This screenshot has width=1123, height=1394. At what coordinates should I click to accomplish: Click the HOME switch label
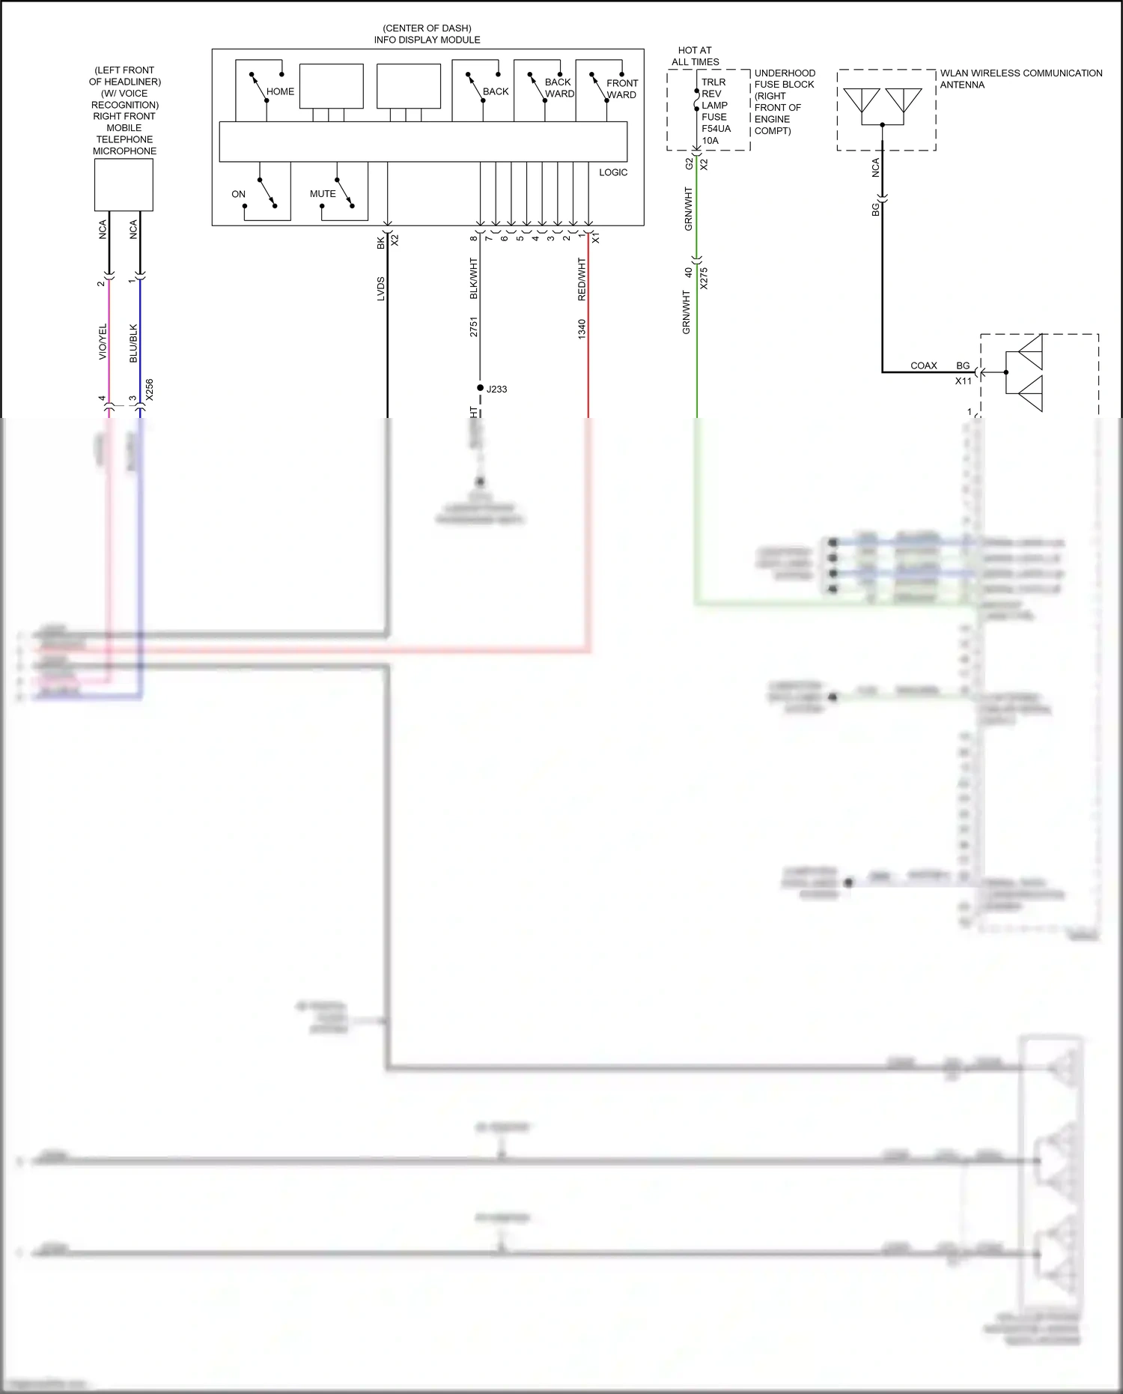click(x=280, y=91)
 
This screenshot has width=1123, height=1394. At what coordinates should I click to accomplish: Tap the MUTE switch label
click(x=323, y=194)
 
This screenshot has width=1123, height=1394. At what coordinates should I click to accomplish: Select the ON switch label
click(x=238, y=194)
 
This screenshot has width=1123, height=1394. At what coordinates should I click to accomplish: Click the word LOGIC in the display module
click(x=613, y=172)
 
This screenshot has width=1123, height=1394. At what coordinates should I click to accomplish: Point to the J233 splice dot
click(x=480, y=388)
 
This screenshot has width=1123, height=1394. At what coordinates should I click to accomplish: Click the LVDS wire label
click(x=380, y=289)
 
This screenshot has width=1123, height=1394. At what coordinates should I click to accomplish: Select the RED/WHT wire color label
click(x=582, y=279)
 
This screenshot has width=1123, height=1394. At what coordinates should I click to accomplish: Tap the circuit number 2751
click(x=474, y=327)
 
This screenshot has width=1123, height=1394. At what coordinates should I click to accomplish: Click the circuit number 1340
click(x=582, y=329)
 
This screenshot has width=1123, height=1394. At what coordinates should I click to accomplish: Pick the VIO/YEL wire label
click(x=103, y=342)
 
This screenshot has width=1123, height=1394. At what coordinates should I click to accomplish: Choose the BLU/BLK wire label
click(x=133, y=343)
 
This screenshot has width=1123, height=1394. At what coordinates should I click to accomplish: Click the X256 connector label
click(x=149, y=390)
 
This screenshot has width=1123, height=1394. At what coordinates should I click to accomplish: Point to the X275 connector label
click(x=703, y=278)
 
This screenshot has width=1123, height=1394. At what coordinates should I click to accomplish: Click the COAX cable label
click(x=923, y=366)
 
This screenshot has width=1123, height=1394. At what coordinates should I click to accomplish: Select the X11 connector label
click(x=963, y=381)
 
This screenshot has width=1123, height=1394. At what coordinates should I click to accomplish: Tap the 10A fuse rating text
click(x=710, y=140)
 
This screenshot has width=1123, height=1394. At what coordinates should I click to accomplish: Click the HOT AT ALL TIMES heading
click(x=695, y=56)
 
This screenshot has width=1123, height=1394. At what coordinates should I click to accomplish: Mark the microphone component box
click(x=124, y=185)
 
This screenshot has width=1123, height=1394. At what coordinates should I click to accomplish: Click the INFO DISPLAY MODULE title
click(x=427, y=40)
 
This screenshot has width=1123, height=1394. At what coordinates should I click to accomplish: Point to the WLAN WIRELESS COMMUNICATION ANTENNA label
click(x=1020, y=79)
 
